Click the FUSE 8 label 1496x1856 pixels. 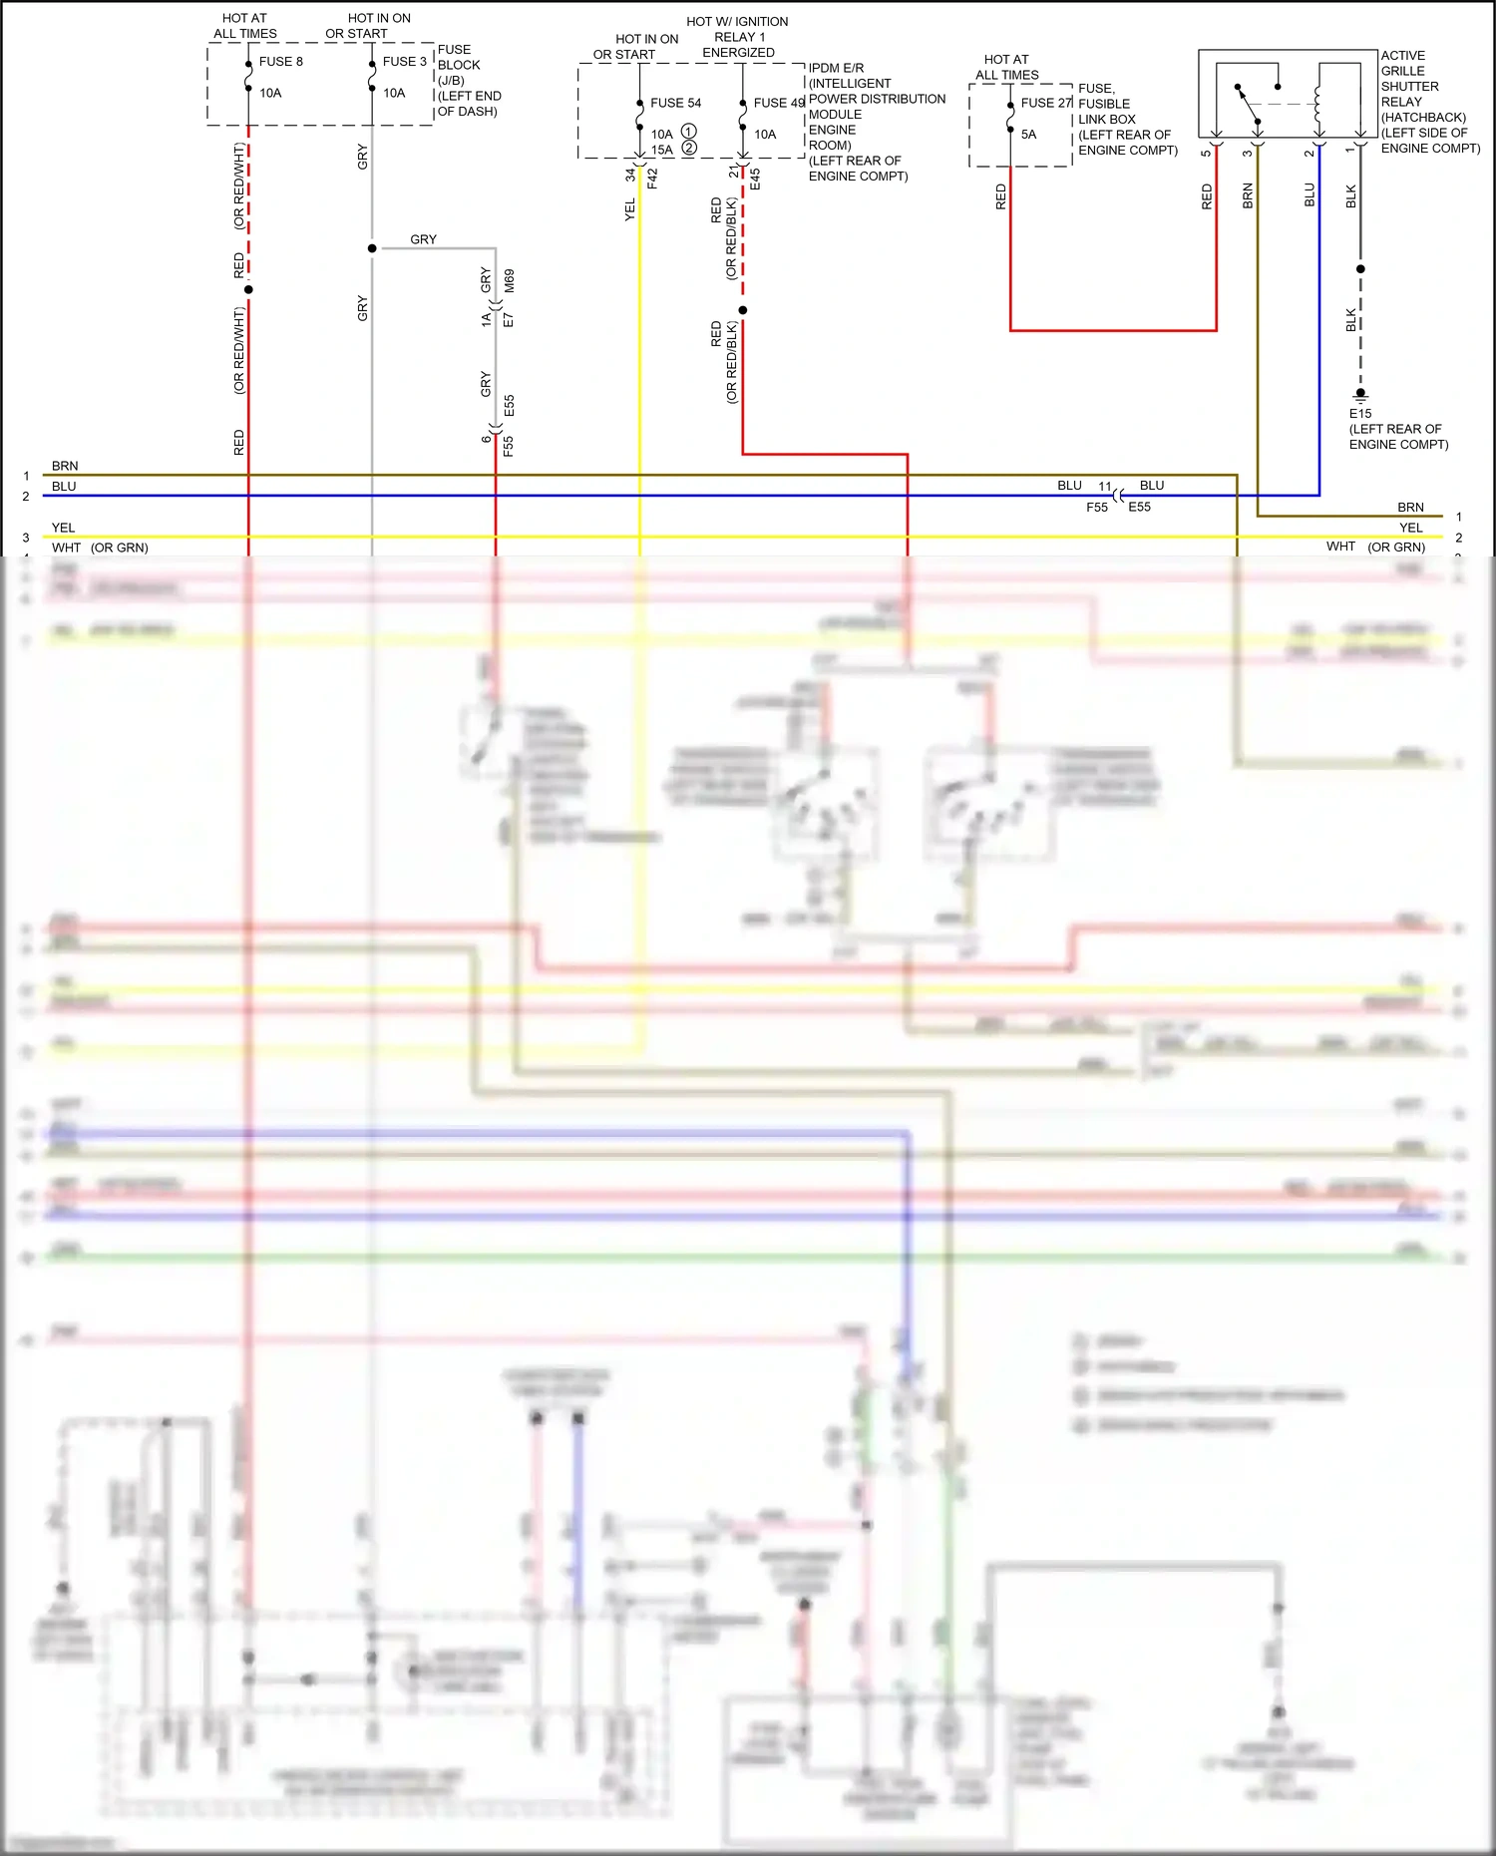point(280,62)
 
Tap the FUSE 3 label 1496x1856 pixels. point(404,62)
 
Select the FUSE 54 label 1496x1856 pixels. point(675,103)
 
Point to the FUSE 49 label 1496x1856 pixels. point(779,103)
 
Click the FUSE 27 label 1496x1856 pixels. point(1045,103)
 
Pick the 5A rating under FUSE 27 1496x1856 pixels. point(1028,135)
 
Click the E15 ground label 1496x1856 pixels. point(1360,413)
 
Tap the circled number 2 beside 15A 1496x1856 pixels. point(689,149)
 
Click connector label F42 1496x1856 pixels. point(652,179)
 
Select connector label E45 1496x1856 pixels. point(755,180)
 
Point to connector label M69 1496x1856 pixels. point(509,280)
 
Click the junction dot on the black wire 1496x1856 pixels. point(1360,269)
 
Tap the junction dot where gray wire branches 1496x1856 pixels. point(372,248)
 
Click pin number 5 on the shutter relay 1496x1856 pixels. point(1206,153)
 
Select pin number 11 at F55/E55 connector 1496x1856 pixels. point(1104,487)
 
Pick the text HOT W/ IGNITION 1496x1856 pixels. point(737,21)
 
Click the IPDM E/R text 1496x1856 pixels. point(836,68)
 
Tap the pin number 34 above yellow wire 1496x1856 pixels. point(630,174)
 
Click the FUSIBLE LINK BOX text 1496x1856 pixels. point(1105,111)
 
